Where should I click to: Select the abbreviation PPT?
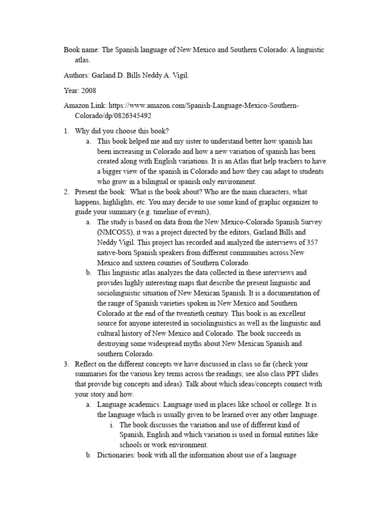(292, 374)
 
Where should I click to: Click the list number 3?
(66, 364)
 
